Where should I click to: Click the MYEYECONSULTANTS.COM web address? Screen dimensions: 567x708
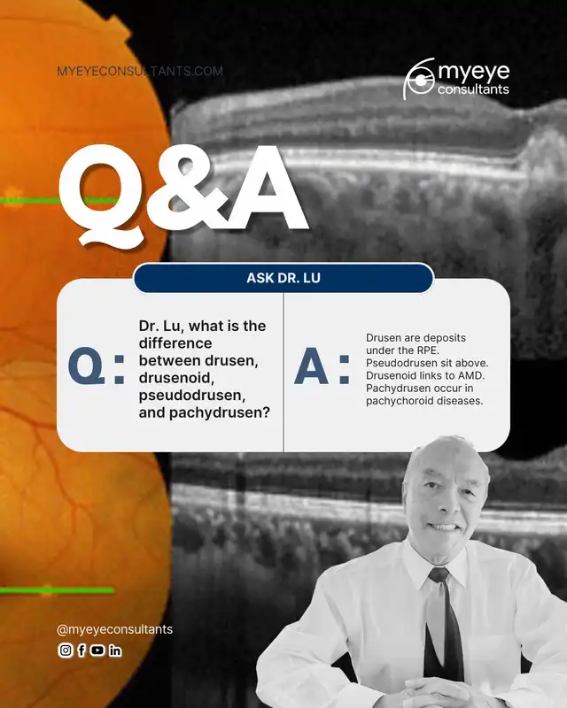pyautogui.click(x=140, y=71)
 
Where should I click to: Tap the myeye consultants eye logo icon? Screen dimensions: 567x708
pyautogui.click(x=419, y=79)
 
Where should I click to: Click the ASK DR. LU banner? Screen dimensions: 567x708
pyautogui.click(x=283, y=278)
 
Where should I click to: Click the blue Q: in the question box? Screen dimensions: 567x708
pyautogui.click(x=96, y=366)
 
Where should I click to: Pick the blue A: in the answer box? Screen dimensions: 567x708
pyautogui.click(x=322, y=366)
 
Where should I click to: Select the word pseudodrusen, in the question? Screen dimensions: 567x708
pyautogui.click(x=192, y=395)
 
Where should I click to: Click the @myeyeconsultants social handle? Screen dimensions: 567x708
pyautogui.click(x=115, y=629)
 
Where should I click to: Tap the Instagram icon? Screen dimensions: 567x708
pyautogui.click(x=66, y=650)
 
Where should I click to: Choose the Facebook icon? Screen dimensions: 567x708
pyautogui.click(x=82, y=650)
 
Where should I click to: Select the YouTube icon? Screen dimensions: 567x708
pyautogui.click(x=97, y=650)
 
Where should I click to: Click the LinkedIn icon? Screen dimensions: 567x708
pyautogui.click(x=115, y=650)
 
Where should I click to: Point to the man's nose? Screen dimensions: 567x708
pyautogui.click(x=440, y=504)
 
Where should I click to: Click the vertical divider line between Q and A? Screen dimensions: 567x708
pyautogui.click(x=283, y=372)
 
